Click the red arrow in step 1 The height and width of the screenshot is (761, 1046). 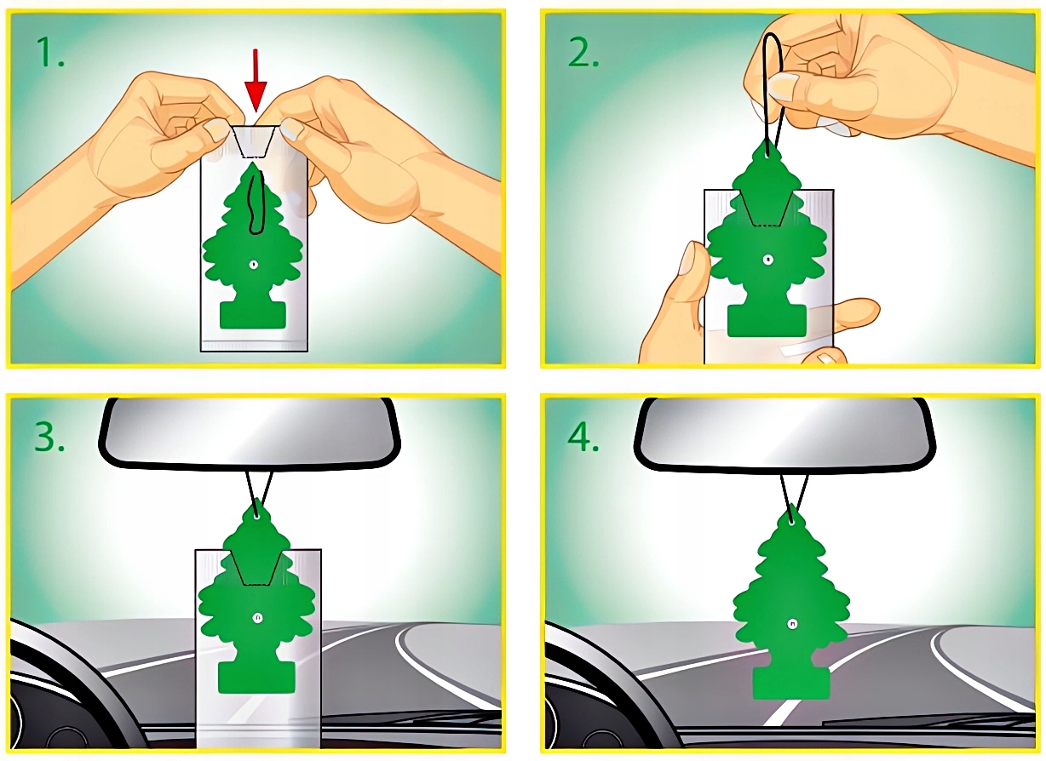pos(256,80)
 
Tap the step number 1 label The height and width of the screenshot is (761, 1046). pos(50,53)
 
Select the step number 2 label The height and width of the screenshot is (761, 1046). pos(583,53)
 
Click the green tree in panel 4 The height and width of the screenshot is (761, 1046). pos(791,607)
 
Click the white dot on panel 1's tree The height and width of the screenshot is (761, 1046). pos(254,265)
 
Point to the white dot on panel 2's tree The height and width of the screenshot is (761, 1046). pos(767,260)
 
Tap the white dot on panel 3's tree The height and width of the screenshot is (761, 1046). pos(257,618)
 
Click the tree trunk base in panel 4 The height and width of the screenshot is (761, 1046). pos(791,683)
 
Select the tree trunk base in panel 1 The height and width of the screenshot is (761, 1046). pos(253,314)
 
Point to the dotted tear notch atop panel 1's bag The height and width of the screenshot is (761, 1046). pos(255,142)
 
